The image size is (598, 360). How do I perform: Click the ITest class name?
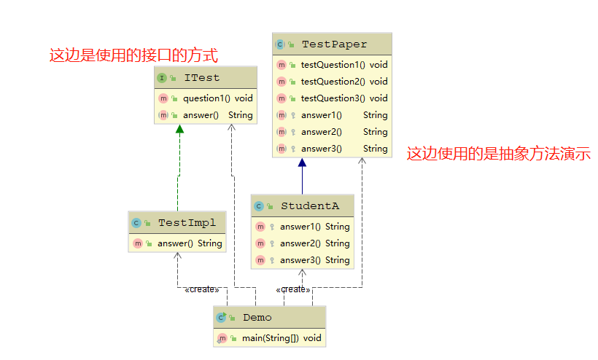(x=201, y=78)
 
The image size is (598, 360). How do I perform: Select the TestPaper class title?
(x=334, y=44)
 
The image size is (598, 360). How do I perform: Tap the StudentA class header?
(x=309, y=206)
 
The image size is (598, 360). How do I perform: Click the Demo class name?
(x=257, y=318)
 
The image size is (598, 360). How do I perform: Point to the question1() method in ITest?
(x=206, y=98)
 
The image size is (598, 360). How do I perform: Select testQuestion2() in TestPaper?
(x=333, y=82)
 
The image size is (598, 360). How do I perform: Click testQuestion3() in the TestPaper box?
(x=333, y=98)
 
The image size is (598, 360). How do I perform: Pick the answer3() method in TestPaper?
(x=321, y=149)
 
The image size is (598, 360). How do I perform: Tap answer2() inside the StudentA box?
(x=300, y=243)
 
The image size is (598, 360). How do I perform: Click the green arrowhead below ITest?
(x=179, y=129)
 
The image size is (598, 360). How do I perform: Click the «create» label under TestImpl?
(x=201, y=289)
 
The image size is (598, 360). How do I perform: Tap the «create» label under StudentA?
(x=293, y=289)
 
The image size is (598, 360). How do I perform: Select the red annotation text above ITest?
(x=133, y=55)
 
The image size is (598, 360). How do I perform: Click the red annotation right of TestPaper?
(x=498, y=154)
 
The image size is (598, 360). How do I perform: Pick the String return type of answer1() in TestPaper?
(x=375, y=115)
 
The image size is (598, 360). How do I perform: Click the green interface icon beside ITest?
(x=162, y=78)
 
